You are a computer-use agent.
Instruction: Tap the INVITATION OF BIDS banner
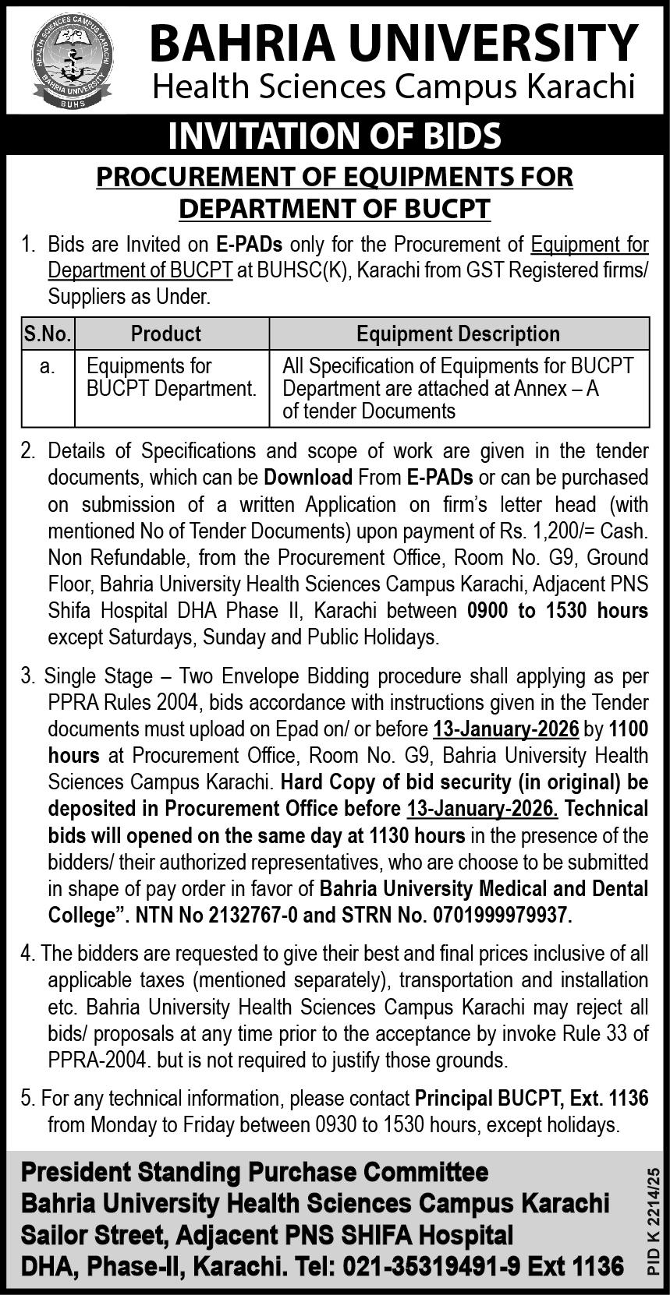pos(335,136)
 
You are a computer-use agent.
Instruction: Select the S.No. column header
pos(48,334)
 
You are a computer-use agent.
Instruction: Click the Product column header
pos(166,334)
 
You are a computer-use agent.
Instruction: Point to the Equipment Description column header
pos(458,334)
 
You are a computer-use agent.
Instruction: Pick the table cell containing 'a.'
pos(48,366)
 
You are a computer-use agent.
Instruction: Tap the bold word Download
pos(308,477)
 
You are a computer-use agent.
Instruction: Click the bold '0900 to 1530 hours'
pos(557,611)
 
